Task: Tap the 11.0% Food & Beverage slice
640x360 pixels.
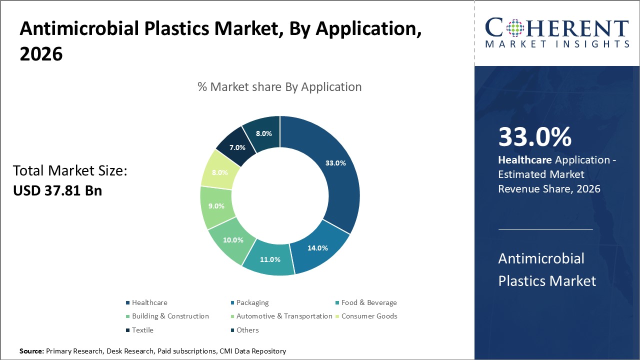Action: [270, 259]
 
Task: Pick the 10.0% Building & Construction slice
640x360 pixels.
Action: [233, 240]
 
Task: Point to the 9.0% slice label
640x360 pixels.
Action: [216, 206]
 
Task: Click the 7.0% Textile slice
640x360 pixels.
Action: [237, 147]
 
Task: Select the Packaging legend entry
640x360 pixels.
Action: [252, 302]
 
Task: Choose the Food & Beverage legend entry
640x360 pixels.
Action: [369, 302]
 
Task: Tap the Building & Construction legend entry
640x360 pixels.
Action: [170, 316]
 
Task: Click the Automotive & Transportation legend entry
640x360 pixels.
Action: [284, 316]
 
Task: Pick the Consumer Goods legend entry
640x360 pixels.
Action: [369, 316]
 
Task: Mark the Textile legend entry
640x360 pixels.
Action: [142, 330]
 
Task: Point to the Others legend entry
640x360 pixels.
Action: [247, 330]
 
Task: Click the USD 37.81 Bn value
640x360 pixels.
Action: [57, 190]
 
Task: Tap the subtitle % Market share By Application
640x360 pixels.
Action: [279, 87]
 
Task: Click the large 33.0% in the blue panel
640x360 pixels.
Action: [535, 137]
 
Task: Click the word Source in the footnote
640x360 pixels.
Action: [31, 351]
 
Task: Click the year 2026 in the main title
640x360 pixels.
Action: [41, 54]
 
